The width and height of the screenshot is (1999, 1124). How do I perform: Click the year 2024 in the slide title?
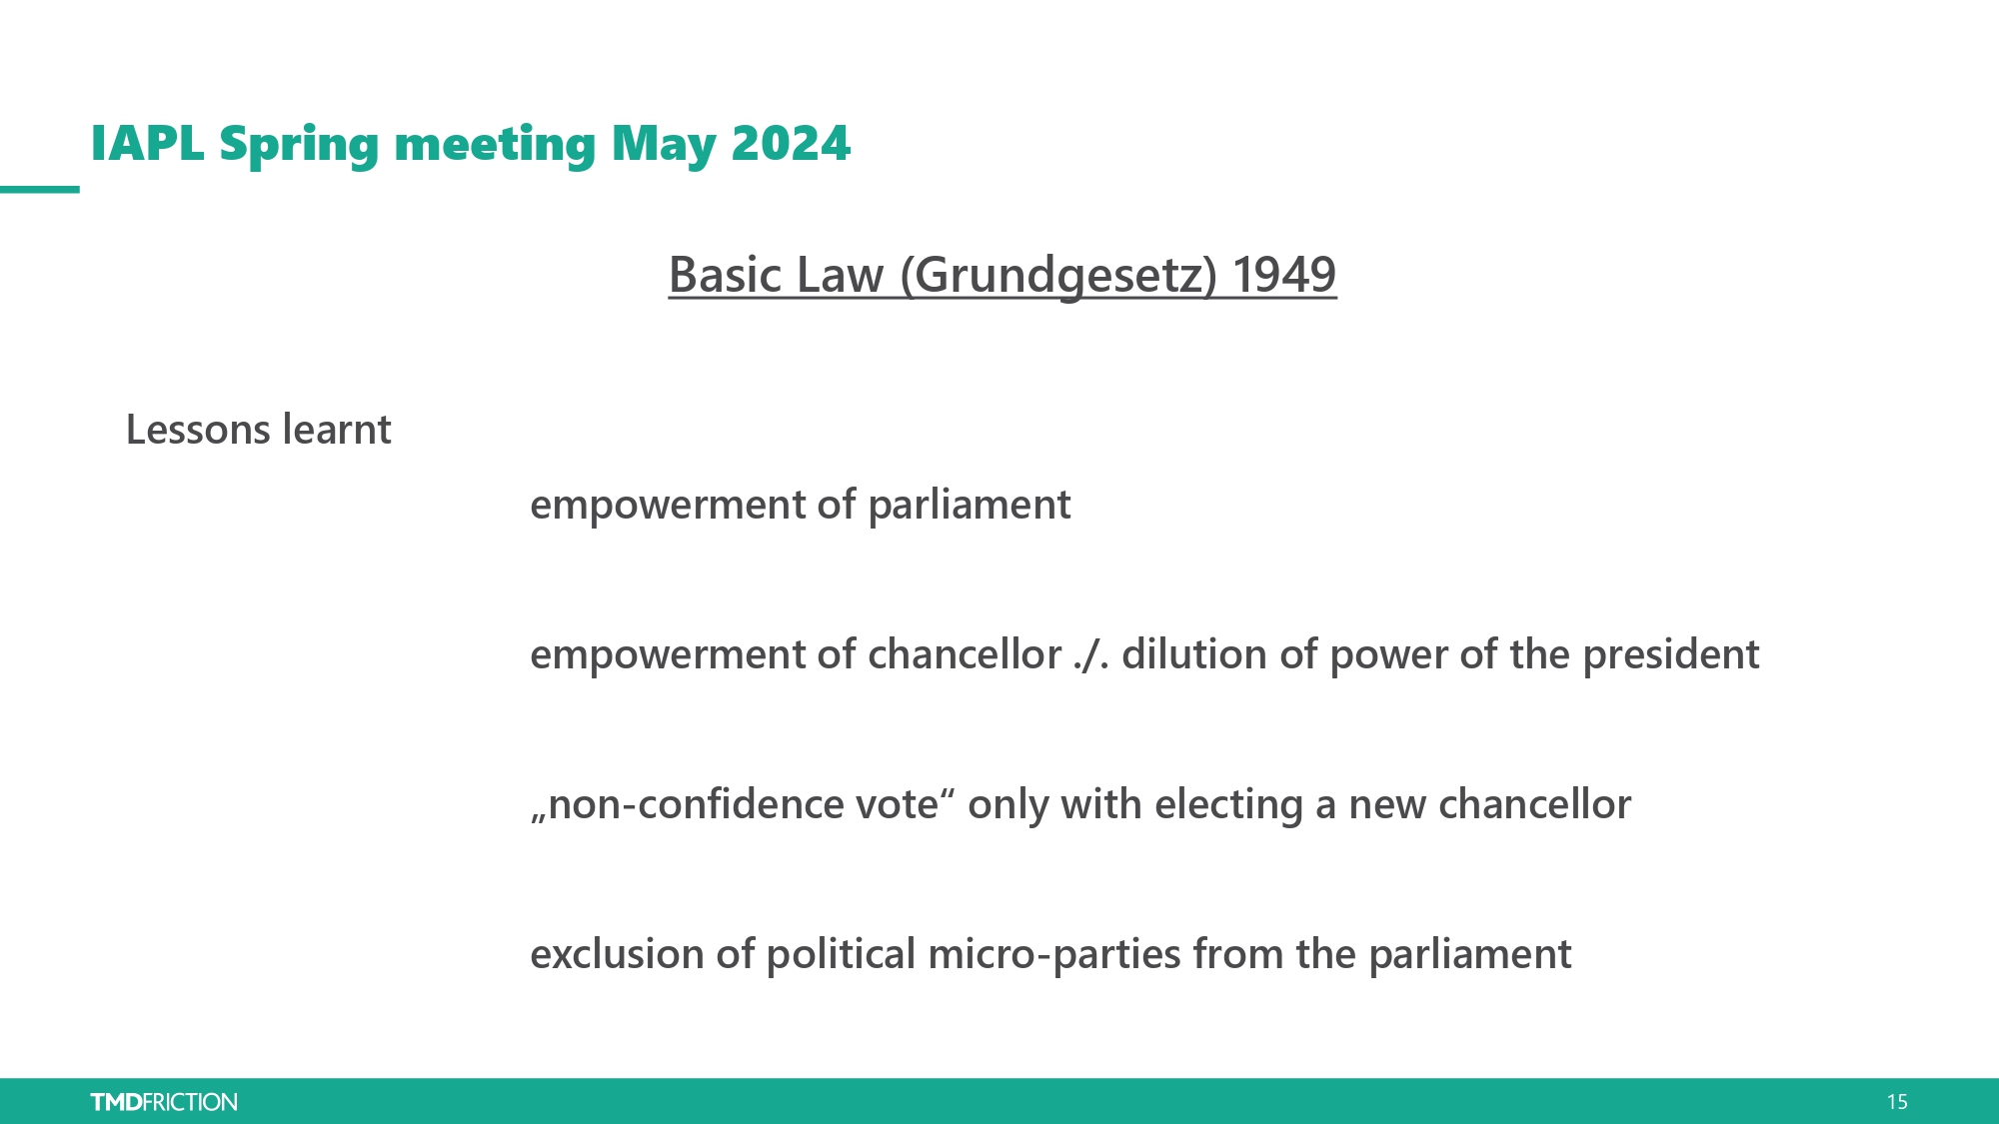(x=791, y=143)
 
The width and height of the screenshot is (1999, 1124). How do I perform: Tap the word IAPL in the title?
(x=148, y=143)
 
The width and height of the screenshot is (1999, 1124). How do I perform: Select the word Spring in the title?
(x=299, y=147)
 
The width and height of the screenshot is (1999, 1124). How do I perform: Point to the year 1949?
(x=1284, y=275)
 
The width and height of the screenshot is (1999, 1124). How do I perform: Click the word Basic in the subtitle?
(x=725, y=275)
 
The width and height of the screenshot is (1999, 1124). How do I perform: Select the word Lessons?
(x=198, y=430)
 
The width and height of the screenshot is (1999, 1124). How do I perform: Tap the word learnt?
(x=337, y=430)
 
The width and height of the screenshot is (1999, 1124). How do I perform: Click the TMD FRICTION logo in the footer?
(x=164, y=1102)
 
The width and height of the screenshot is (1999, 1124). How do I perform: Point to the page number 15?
(x=1897, y=1102)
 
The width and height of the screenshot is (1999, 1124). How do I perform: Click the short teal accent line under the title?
(x=40, y=189)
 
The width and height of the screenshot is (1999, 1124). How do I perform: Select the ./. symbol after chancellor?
(x=1091, y=655)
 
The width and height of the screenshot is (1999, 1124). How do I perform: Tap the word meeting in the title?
(x=495, y=147)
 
